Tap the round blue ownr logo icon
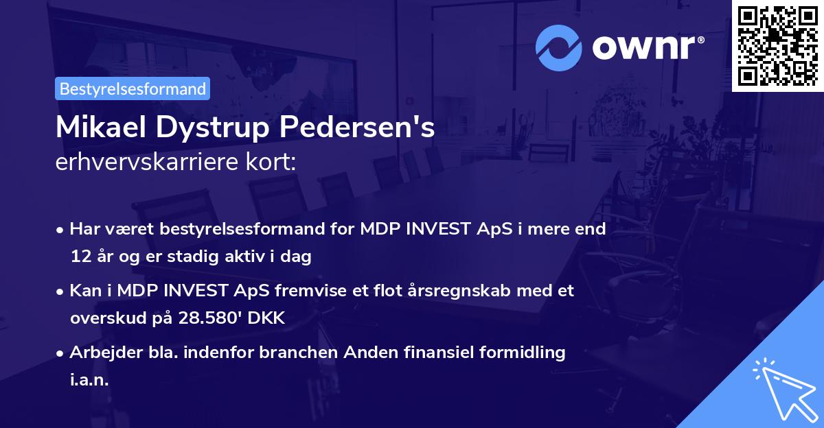point(559,47)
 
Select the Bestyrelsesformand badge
point(133,88)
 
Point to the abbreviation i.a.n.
point(89,380)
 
